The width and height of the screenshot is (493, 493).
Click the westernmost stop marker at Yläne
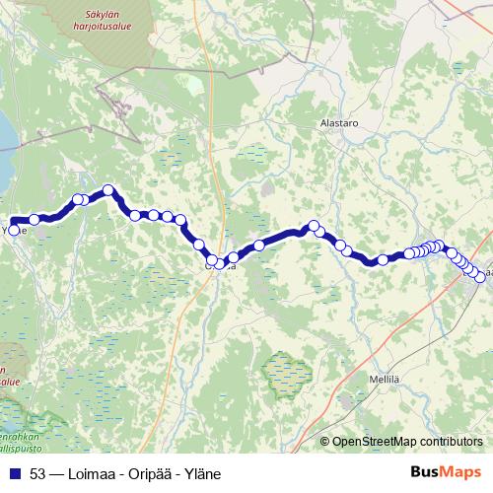pyautogui.click(x=12, y=230)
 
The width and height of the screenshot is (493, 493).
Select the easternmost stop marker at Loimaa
pyautogui.click(x=481, y=278)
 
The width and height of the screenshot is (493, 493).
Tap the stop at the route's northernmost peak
pyautogui.click(x=108, y=190)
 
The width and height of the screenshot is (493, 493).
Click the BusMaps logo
pyautogui.click(x=446, y=472)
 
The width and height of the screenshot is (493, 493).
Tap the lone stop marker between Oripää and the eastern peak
pyautogui.click(x=259, y=245)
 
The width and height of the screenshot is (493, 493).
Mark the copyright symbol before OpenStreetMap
pyautogui.click(x=325, y=443)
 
